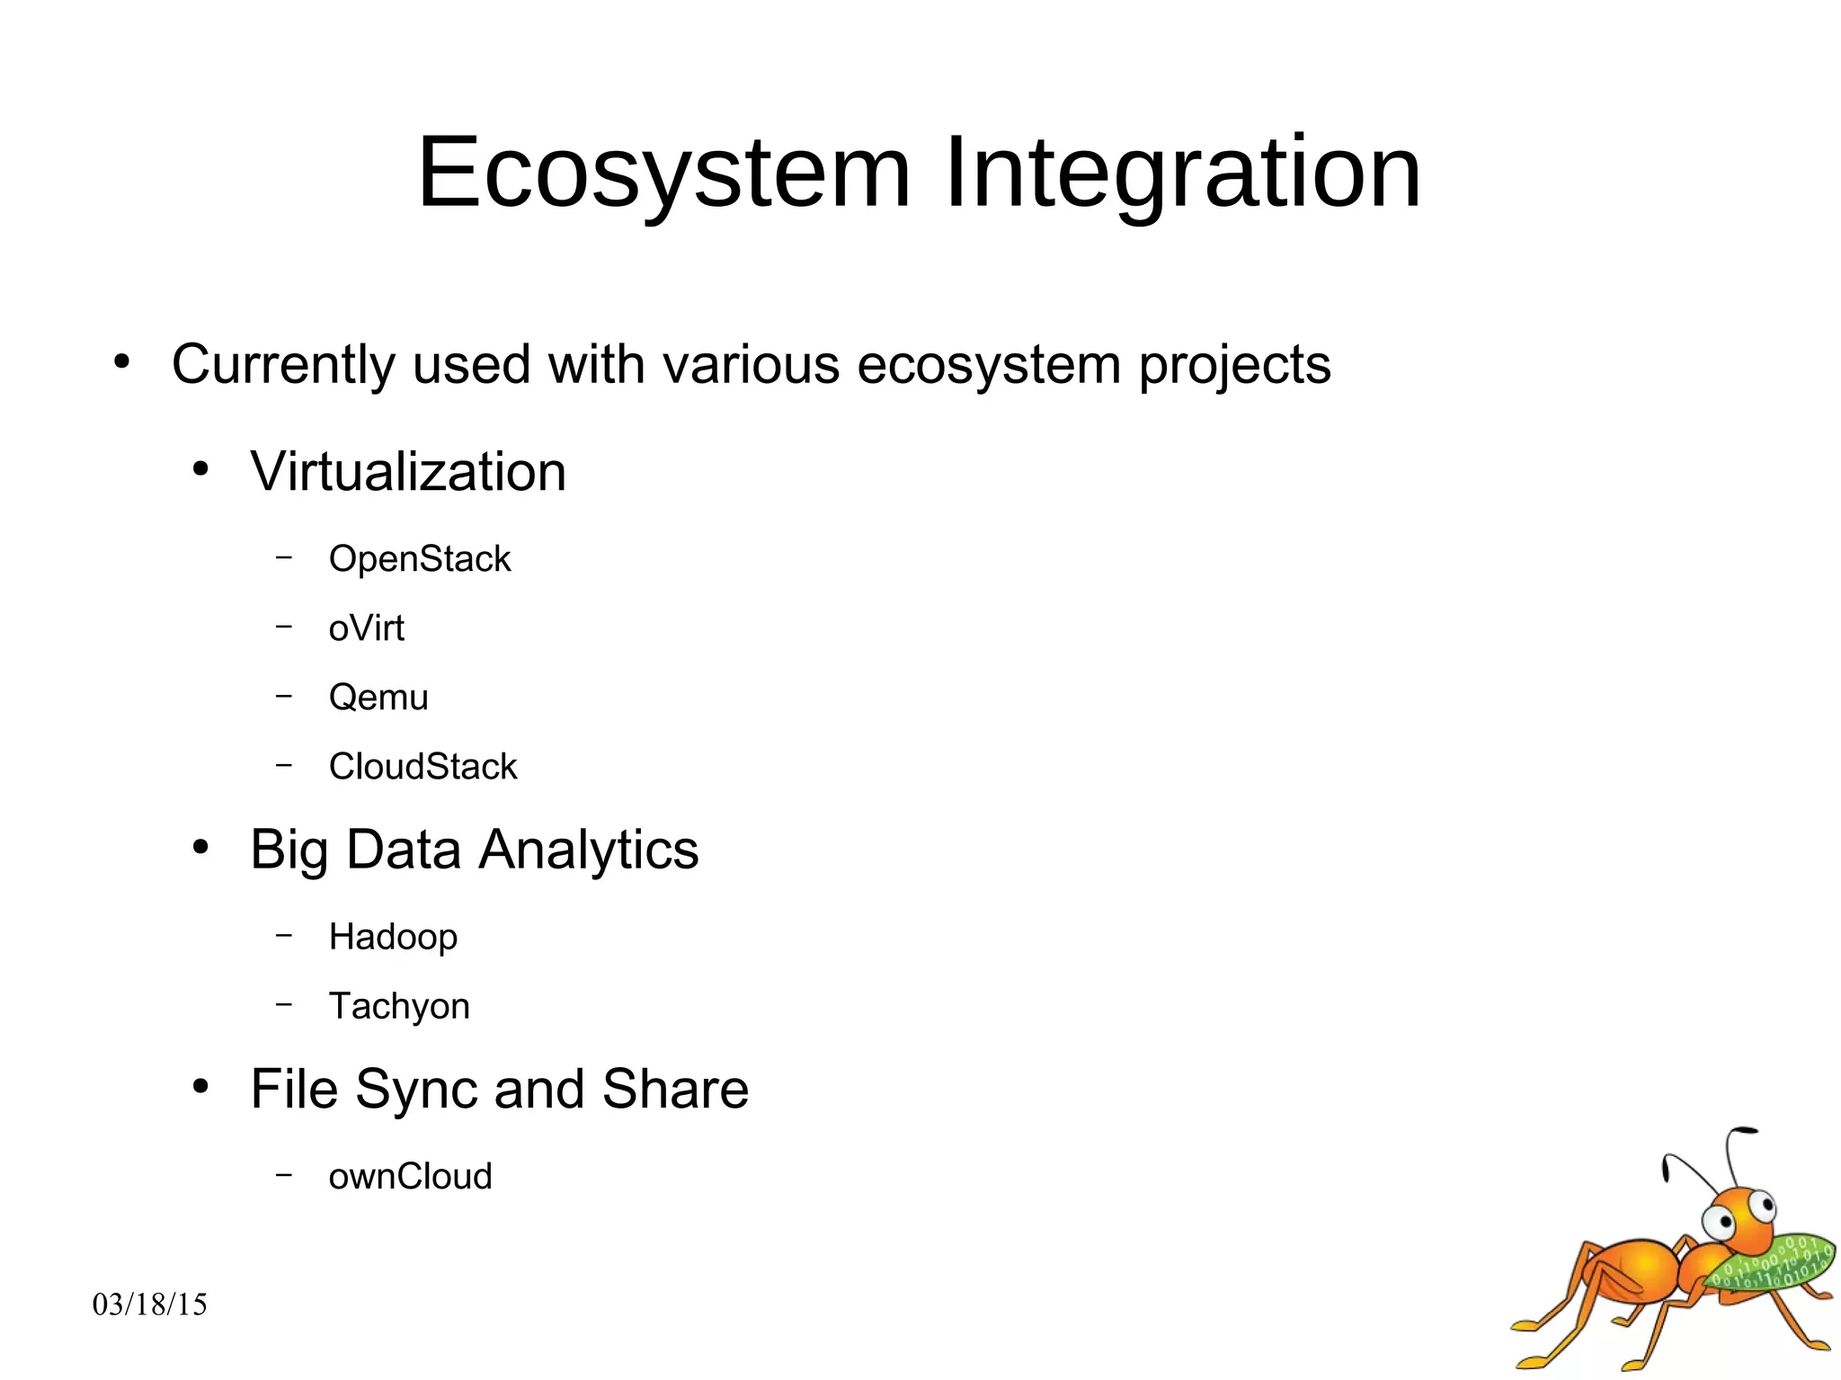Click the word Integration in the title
[x=1182, y=173]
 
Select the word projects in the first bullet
[x=1234, y=366]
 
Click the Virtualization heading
[x=408, y=472]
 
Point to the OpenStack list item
[x=419, y=559]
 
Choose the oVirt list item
[x=366, y=628]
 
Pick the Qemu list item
[x=378, y=698]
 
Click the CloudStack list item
[x=422, y=767]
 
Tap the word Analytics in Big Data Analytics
[x=588, y=850]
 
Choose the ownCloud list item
[x=410, y=1177]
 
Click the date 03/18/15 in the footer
[x=149, y=1304]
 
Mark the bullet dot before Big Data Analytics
[x=200, y=847]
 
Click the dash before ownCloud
[x=284, y=1174]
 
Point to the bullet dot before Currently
[x=122, y=362]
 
